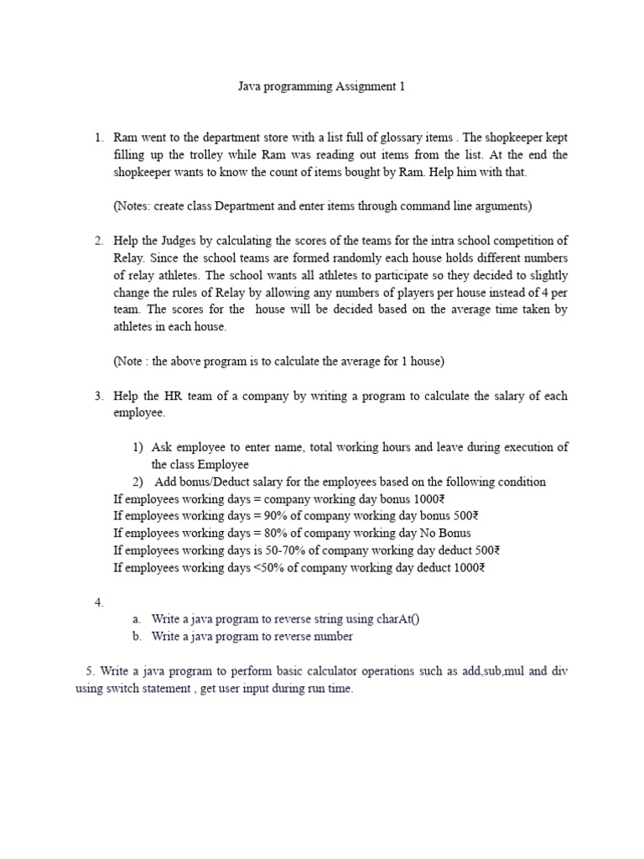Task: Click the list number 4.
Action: coord(99,601)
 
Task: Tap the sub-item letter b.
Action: coord(136,636)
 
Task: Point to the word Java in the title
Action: coord(243,86)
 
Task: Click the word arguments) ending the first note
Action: coord(501,206)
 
